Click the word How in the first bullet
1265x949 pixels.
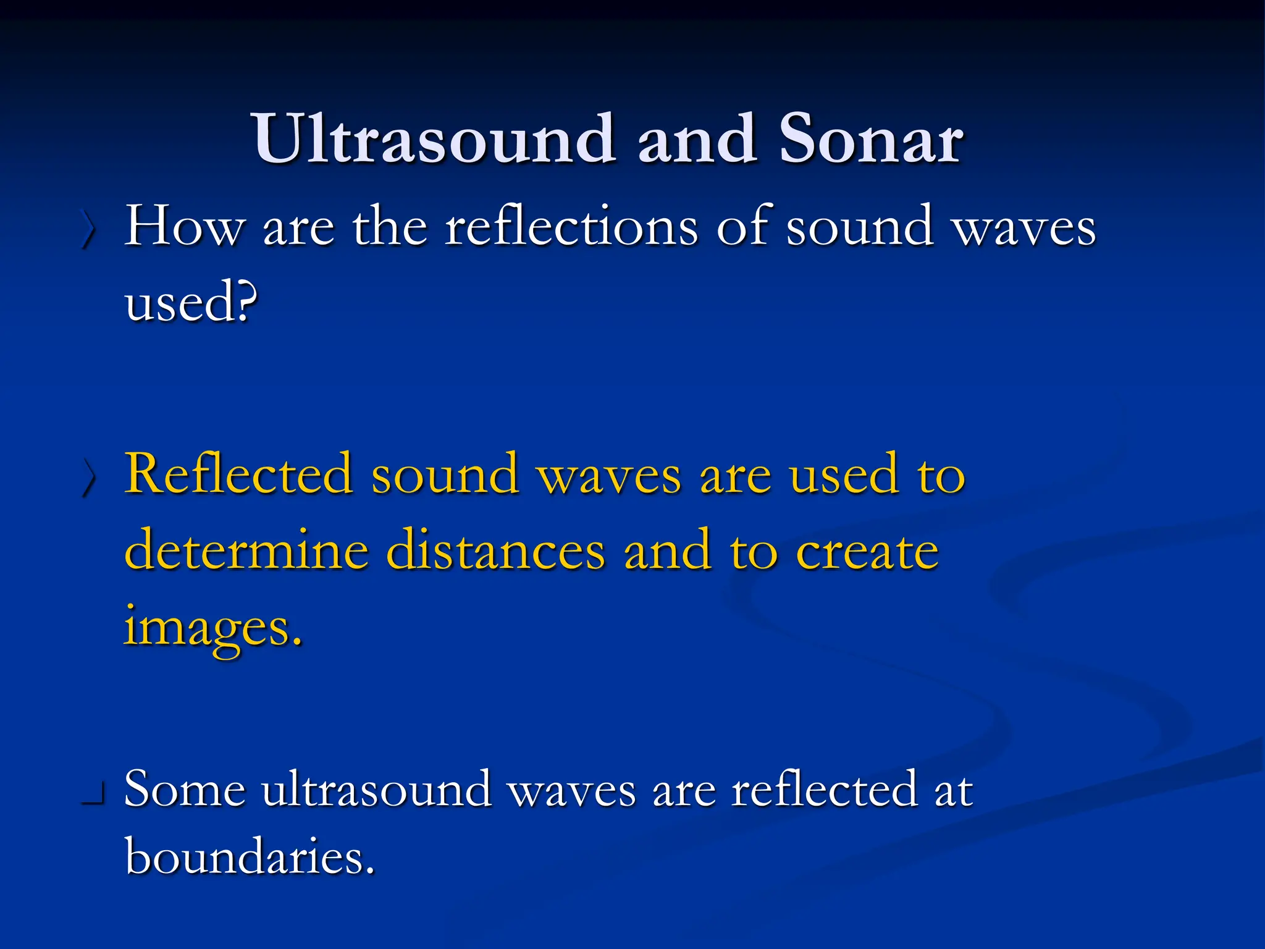(x=184, y=227)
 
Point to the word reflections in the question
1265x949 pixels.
(x=571, y=227)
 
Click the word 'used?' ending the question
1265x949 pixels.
(x=190, y=303)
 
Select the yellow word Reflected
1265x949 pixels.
(x=238, y=474)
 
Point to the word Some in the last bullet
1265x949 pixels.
(x=184, y=790)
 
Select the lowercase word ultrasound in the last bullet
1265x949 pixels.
(x=376, y=790)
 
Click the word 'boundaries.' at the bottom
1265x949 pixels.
(x=250, y=858)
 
